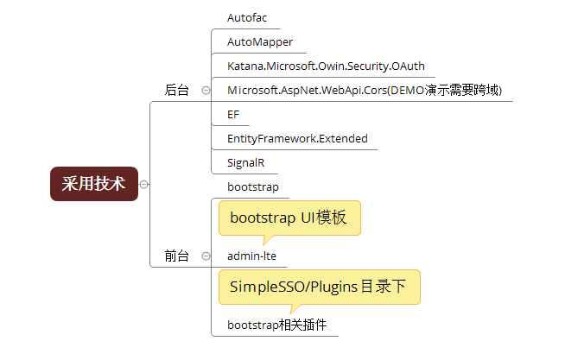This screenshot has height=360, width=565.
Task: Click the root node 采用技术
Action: (94, 184)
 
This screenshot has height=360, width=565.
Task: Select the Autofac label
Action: (247, 17)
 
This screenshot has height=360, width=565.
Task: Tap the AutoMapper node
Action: (260, 42)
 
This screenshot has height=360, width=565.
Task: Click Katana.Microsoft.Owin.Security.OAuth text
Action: (326, 66)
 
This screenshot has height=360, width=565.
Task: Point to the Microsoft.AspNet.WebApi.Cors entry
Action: (365, 90)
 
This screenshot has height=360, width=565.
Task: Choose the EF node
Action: (233, 115)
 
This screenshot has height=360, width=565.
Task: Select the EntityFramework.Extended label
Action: (297, 139)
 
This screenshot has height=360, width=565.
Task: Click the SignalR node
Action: (245, 162)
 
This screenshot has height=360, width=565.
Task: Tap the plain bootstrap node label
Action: (253, 186)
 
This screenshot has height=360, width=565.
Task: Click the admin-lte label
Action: (251, 256)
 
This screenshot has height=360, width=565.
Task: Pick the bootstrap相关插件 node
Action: (276, 325)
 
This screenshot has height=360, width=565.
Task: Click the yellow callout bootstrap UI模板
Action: (289, 218)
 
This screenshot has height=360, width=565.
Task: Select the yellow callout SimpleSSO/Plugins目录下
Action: (320, 287)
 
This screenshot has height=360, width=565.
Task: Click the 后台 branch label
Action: (176, 90)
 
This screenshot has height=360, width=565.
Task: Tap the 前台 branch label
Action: (176, 256)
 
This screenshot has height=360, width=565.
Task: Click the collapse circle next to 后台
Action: (206, 90)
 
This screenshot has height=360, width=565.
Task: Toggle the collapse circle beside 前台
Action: (206, 256)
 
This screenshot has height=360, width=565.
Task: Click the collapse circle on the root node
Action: (143, 185)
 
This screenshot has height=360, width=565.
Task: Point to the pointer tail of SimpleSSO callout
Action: (291, 313)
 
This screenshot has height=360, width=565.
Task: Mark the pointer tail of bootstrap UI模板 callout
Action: (264, 244)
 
